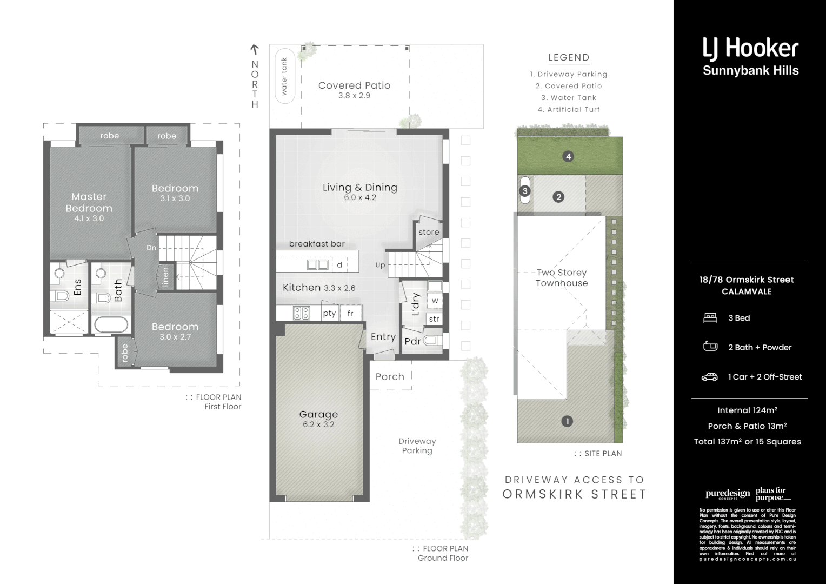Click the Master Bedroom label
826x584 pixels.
pos(89,202)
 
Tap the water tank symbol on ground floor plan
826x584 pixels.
pos(285,76)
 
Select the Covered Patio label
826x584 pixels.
pos(354,85)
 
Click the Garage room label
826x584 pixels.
pos(318,414)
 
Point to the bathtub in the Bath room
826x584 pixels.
pos(111,325)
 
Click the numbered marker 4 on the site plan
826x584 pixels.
pos(568,157)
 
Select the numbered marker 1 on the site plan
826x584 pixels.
pos(567,421)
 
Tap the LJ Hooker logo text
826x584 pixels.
pos(750,48)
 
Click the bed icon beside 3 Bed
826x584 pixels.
pos(710,318)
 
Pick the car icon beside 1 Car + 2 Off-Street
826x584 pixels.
pos(710,377)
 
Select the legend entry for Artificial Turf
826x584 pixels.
pos(569,109)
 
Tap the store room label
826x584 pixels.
pos(429,232)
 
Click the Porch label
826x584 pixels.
pos(390,377)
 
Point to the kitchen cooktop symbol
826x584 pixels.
pos(301,313)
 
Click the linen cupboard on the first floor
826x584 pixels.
pos(166,276)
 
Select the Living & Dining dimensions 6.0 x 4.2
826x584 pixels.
pos(360,198)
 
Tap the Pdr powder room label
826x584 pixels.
pos(412,341)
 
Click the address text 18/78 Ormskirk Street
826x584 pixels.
pos(747,280)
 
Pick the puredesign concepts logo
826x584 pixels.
pos(727,494)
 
